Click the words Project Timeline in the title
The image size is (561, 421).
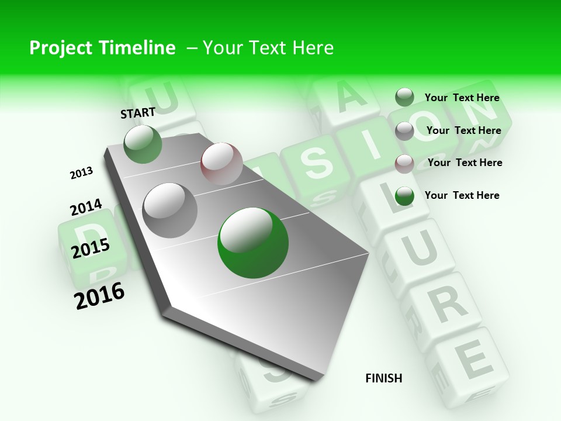click(x=102, y=48)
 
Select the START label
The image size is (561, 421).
click(x=138, y=112)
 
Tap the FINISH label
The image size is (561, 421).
click(x=384, y=378)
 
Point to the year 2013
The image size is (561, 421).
click(x=82, y=172)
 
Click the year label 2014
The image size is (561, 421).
click(x=86, y=207)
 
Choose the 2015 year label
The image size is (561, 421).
click(x=91, y=248)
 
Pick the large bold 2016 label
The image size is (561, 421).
click(x=99, y=295)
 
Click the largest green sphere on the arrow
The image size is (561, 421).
click(x=253, y=243)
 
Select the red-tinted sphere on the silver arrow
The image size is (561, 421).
click(x=221, y=163)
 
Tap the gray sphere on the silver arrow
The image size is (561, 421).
click(x=170, y=210)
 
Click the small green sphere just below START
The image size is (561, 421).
click(x=143, y=144)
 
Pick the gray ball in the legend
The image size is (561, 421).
click(x=404, y=131)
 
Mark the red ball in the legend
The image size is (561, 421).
click(x=404, y=163)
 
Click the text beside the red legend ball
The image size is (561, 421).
click(x=465, y=163)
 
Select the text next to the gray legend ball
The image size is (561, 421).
click(x=463, y=130)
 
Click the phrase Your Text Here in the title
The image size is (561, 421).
click(x=268, y=48)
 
